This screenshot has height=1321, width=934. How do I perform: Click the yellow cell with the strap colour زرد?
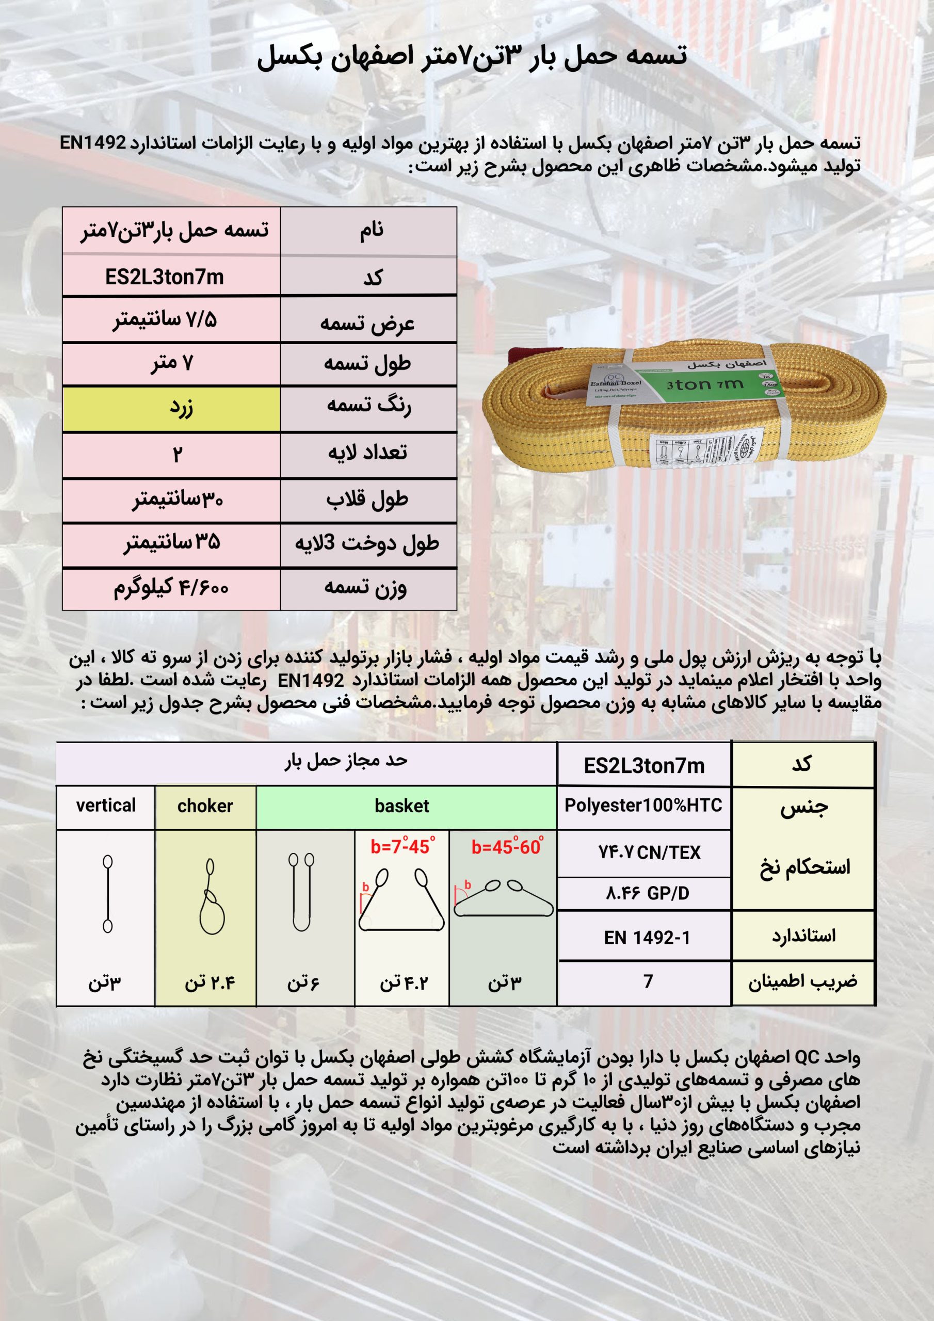tap(171, 409)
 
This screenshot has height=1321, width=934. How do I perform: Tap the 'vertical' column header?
tap(106, 806)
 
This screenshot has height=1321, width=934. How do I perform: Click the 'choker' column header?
tap(205, 806)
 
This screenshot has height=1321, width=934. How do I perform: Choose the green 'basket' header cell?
tap(401, 806)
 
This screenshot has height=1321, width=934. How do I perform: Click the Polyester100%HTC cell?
tap(643, 806)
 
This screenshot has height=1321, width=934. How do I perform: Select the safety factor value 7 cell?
tap(648, 981)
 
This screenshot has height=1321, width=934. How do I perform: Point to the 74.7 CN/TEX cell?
tap(649, 852)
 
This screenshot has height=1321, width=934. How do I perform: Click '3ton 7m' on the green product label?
tap(705, 384)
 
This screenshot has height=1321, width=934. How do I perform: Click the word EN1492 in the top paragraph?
tap(93, 143)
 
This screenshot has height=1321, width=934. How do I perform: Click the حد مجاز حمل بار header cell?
tap(346, 761)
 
